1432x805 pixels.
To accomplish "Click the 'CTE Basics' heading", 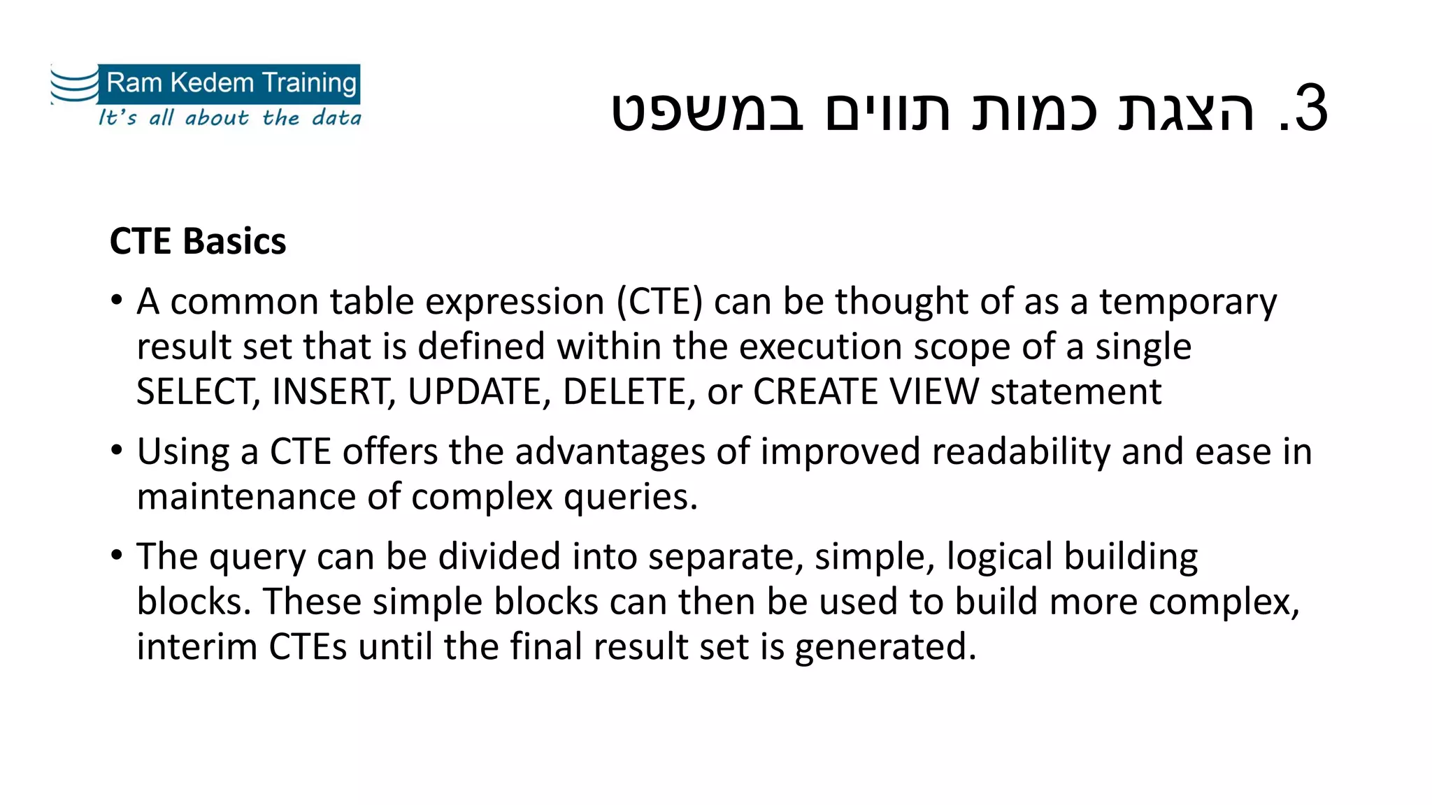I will point(198,242).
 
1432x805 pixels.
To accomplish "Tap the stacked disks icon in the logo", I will point(74,85).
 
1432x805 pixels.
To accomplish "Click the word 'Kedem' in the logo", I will point(212,82).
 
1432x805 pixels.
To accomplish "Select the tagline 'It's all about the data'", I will point(229,117).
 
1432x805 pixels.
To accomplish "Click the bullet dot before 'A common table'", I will point(117,301).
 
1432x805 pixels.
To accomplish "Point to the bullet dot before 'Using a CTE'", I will point(117,451).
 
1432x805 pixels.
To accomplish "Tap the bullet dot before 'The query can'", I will point(117,556).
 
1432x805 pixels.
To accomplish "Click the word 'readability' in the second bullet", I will point(1021,451).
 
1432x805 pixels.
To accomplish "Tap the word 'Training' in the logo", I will point(310,83).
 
